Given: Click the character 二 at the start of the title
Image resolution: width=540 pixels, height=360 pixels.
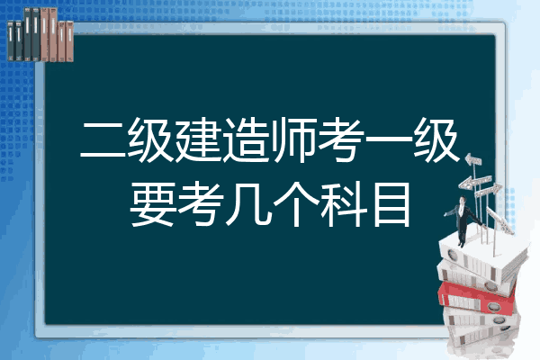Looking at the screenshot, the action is pos(103,140).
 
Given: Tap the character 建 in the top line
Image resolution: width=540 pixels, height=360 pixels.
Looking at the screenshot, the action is pos(198,140).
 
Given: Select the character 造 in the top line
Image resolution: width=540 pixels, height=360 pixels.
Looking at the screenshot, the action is pos(246,140).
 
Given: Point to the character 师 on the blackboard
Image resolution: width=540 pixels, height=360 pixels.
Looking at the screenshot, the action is pos(293,140).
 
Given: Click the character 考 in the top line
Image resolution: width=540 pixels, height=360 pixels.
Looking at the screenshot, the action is pos(341,140).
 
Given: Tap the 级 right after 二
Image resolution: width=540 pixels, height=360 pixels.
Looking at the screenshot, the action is pos(151,140).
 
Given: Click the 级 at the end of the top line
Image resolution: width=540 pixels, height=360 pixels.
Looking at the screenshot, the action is pos(436,140).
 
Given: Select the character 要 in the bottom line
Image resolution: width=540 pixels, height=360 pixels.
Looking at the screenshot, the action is pos(151,204).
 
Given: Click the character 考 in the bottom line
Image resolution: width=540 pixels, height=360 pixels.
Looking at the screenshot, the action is pos(199,204).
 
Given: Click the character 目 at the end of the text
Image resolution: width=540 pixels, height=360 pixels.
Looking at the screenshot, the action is pos(391,205).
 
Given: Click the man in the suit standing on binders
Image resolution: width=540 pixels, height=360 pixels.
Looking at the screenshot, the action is pos(463,221).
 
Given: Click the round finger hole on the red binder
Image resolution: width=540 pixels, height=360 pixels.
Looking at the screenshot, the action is pos(493,306).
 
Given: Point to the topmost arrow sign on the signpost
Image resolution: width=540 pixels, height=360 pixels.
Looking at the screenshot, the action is pos(473,160).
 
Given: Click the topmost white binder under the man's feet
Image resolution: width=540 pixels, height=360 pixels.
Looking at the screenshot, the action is pos(482,258).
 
